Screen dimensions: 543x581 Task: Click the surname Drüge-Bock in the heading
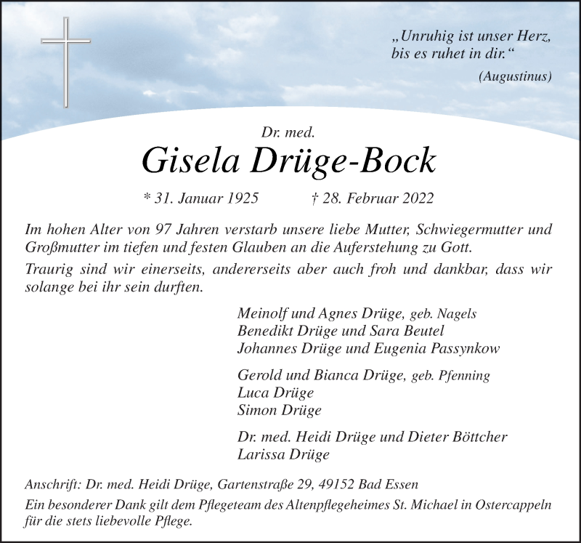[353, 161]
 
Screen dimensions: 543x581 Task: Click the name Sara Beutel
[400, 331]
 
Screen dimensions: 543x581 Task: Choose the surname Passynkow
[468, 347]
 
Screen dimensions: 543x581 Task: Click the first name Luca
[252, 393]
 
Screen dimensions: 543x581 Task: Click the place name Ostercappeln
[516, 505]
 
